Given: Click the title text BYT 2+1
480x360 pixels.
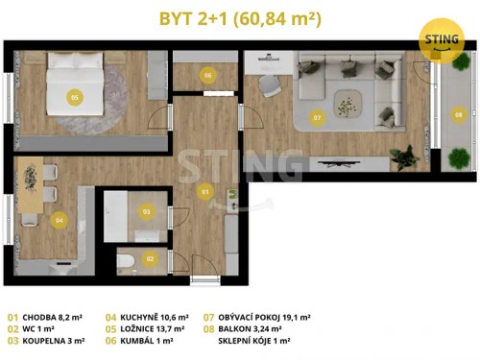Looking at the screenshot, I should tap(196, 18).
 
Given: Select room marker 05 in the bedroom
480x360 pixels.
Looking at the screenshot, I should tap(73, 97).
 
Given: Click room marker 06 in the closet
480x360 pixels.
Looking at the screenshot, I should tap(206, 75).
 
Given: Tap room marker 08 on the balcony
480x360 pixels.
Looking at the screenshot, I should tap(457, 113).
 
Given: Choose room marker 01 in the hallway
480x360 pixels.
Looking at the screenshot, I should tap(204, 192).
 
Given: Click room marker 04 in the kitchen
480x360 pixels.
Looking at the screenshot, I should tap(60, 220).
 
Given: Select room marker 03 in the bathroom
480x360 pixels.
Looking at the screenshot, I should tap(147, 210).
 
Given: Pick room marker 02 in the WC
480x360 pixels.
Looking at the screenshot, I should tap(150, 257).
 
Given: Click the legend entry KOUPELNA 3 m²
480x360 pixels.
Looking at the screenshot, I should tap(49, 340).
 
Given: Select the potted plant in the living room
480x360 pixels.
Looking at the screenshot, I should tap(403, 155).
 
